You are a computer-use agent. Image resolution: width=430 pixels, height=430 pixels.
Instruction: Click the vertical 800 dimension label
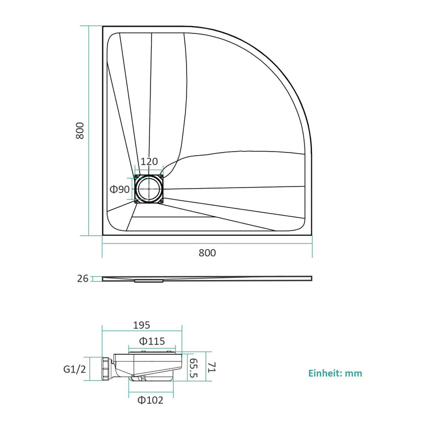click(x=80, y=131)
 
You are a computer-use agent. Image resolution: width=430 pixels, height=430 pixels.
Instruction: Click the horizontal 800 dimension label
click(x=207, y=253)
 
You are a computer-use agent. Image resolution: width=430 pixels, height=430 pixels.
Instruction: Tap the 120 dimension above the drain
click(x=149, y=161)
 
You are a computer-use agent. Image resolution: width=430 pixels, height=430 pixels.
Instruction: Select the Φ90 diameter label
click(x=120, y=189)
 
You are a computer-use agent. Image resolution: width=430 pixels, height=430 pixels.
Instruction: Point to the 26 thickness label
click(x=83, y=278)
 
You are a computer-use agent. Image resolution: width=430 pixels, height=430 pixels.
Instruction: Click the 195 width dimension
click(x=142, y=325)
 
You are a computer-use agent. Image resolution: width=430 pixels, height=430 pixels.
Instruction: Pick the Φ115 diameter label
click(x=152, y=341)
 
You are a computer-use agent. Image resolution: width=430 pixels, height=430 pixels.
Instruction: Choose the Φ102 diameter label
click(x=150, y=400)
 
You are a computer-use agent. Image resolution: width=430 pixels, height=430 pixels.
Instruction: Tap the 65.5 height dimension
click(x=193, y=368)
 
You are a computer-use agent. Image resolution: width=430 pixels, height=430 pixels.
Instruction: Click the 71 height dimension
click(x=212, y=367)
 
